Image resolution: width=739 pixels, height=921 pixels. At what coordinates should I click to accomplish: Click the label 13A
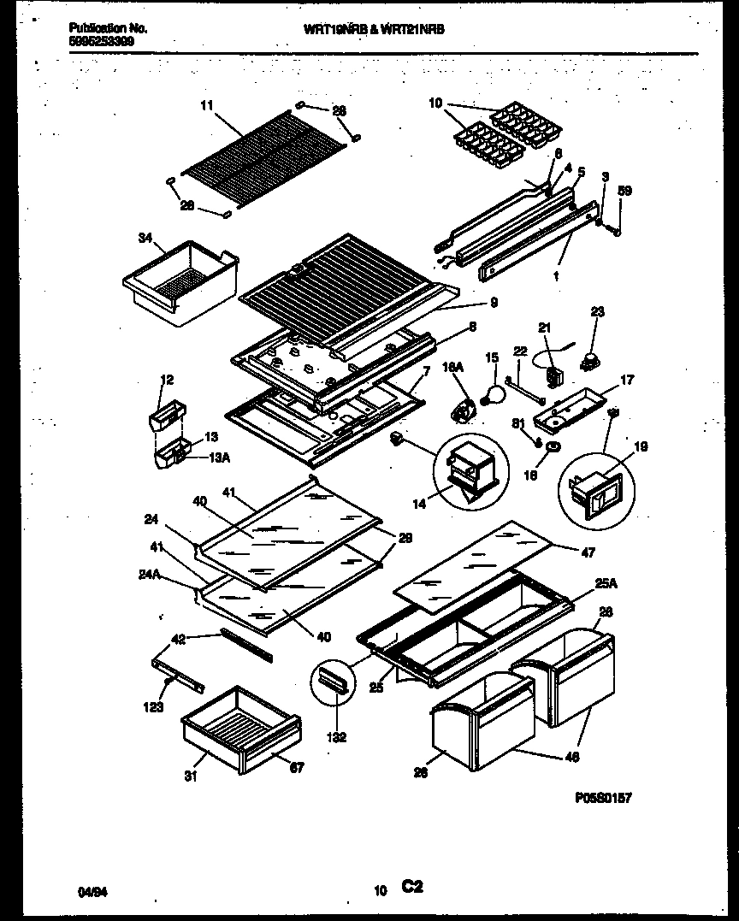221,458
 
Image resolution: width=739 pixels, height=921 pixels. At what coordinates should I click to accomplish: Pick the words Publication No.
108,28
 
